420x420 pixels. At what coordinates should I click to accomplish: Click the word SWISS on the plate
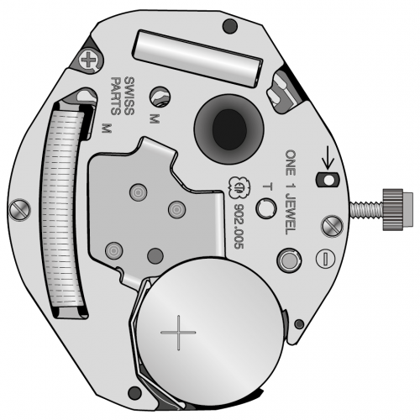click(x=129, y=96)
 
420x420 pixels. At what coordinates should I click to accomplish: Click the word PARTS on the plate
click(x=116, y=96)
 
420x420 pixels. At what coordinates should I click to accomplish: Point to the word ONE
click(x=291, y=163)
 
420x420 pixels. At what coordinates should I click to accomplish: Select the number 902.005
click(x=239, y=226)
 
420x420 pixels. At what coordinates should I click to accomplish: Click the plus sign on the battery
click(x=178, y=333)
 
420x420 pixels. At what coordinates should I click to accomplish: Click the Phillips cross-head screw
click(x=89, y=60)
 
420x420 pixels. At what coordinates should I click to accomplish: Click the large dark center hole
click(x=229, y=129)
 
